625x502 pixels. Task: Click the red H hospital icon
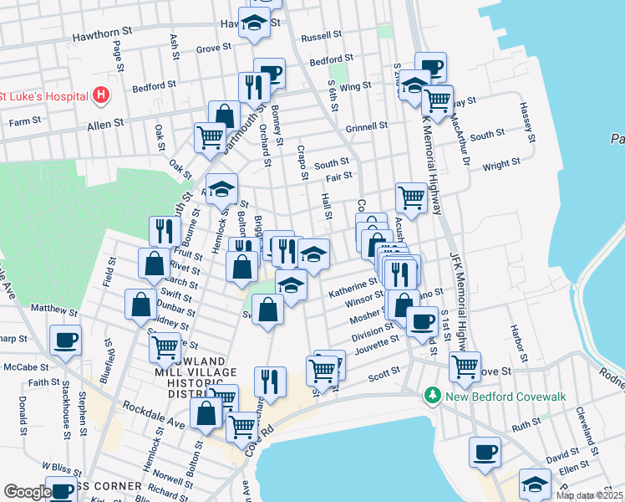point(101,95)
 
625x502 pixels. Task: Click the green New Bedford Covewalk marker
point(432,393)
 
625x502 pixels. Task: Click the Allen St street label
point(106,122)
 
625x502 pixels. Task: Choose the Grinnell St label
point(366,127)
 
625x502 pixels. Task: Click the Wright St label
point(501,164)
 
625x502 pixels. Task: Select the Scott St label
point(385,376)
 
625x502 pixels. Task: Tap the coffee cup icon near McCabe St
point(65,340)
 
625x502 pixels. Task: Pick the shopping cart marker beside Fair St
point(411,198)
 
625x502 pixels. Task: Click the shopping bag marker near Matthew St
point(140,305)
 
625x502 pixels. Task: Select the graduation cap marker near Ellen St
point(535,484)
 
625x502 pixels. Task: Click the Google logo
point(27,493)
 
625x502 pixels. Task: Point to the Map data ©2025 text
point(589,495)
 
